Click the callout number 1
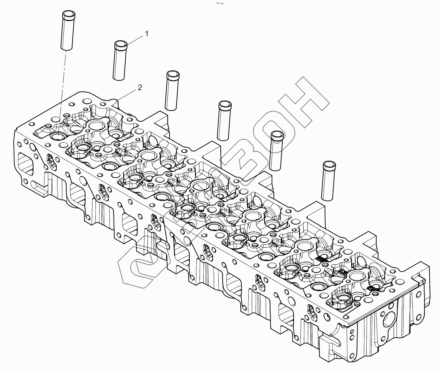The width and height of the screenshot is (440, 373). (147, 34)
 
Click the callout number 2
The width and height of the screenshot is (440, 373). (140, 87)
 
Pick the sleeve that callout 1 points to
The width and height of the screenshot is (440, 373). (120, 61)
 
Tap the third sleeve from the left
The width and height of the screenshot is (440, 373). (172, 91)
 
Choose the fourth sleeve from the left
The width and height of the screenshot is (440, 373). (224, 121)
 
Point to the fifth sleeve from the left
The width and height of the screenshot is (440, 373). (277, 151)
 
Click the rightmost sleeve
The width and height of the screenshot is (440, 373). (329, 181)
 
